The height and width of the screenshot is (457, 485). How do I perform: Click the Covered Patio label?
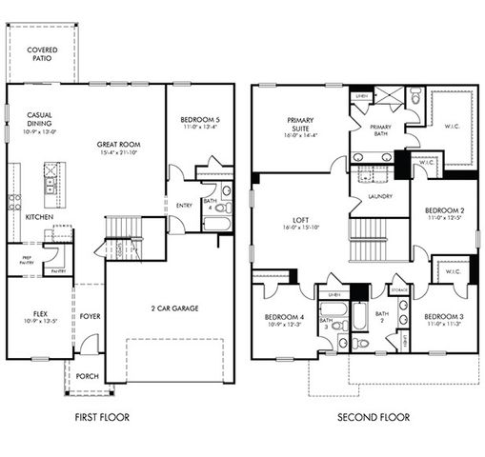tap(40, 52)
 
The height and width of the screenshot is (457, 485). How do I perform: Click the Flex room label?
tap(32, 310)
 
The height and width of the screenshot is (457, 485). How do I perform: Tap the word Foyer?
tap(90, 317)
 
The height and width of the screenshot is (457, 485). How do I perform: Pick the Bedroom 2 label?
tap(443, 209)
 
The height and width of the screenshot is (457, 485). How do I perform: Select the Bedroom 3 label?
tap(443, 316)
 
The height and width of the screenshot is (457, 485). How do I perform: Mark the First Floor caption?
tap(101, 417)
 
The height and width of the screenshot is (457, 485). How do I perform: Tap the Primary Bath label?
tap(380, 129)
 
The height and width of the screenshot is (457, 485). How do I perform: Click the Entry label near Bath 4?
tap(185, 205)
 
